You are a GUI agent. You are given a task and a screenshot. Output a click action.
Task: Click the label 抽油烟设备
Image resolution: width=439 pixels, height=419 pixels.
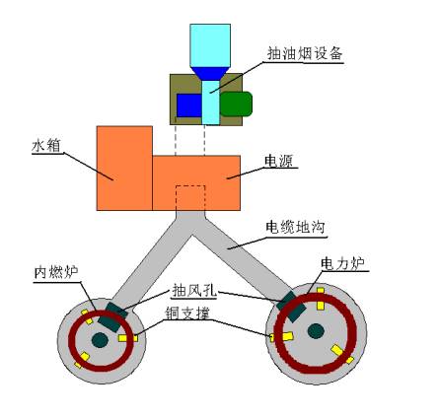305,53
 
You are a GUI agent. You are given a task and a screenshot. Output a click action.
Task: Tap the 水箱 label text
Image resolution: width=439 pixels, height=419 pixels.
46,146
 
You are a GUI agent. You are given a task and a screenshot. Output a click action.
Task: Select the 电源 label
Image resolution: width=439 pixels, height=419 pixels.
279,161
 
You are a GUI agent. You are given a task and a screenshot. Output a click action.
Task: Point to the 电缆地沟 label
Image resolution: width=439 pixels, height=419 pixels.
295,227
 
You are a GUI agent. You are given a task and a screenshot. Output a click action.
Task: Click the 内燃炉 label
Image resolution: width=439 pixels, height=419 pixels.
56,272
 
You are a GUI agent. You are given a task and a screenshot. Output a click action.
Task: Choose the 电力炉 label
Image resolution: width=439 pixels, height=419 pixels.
342,264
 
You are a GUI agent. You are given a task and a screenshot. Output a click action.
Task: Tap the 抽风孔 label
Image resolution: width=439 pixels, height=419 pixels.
194,291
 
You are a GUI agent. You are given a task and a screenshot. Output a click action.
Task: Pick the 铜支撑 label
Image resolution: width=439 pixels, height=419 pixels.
187,313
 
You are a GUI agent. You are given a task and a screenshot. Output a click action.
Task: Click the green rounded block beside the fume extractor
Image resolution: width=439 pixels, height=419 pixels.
236,104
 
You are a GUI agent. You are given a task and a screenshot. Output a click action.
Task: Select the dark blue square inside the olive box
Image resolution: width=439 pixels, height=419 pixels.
189,105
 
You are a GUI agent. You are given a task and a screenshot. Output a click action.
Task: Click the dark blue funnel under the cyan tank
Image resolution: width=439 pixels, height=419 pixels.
210,74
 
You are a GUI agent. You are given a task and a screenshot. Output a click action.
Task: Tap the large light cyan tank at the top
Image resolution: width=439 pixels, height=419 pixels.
210,45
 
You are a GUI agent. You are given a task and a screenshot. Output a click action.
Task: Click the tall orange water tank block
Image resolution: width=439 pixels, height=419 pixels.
124,168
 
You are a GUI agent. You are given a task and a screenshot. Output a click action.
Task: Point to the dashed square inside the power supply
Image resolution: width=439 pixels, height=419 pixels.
190,198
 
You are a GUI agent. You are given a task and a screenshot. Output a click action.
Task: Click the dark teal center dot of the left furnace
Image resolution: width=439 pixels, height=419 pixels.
100,340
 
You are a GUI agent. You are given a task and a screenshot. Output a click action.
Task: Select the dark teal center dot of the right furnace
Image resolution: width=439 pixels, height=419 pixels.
316,330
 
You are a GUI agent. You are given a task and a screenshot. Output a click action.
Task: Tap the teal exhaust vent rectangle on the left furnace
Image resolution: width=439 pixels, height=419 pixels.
112,317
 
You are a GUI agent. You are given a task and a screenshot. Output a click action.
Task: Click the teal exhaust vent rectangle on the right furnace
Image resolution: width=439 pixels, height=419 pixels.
291,306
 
